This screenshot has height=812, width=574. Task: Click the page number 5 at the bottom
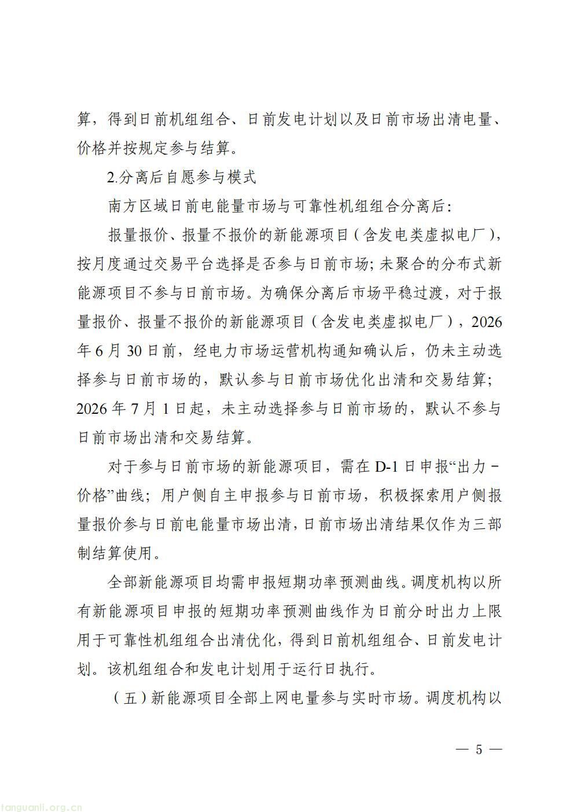coord(479,749)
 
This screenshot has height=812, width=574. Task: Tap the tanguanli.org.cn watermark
coord(43,807)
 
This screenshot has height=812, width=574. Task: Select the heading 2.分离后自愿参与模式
coord(182,177)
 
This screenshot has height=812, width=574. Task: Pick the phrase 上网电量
coord(283,698)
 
